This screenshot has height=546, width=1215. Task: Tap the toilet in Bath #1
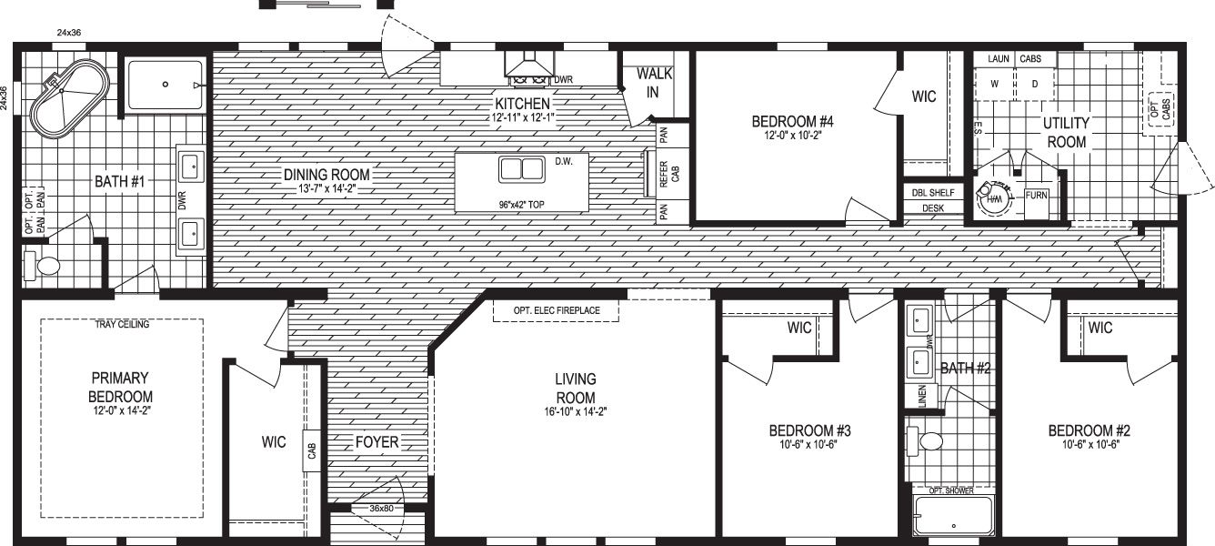(45, 266)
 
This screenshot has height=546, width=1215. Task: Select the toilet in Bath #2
(929, 442)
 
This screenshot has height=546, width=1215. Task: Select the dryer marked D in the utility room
(1034, 84)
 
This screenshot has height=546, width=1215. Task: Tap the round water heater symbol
(990, 194)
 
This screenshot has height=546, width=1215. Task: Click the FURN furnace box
(1036, 196)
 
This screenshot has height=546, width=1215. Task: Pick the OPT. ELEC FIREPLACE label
(556, 311)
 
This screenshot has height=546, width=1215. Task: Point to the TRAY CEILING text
(121, 324)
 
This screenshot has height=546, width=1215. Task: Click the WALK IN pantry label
(654, 82)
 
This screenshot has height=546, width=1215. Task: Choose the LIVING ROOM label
(575, 388)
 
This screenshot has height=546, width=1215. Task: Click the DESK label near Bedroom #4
(933, 208)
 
